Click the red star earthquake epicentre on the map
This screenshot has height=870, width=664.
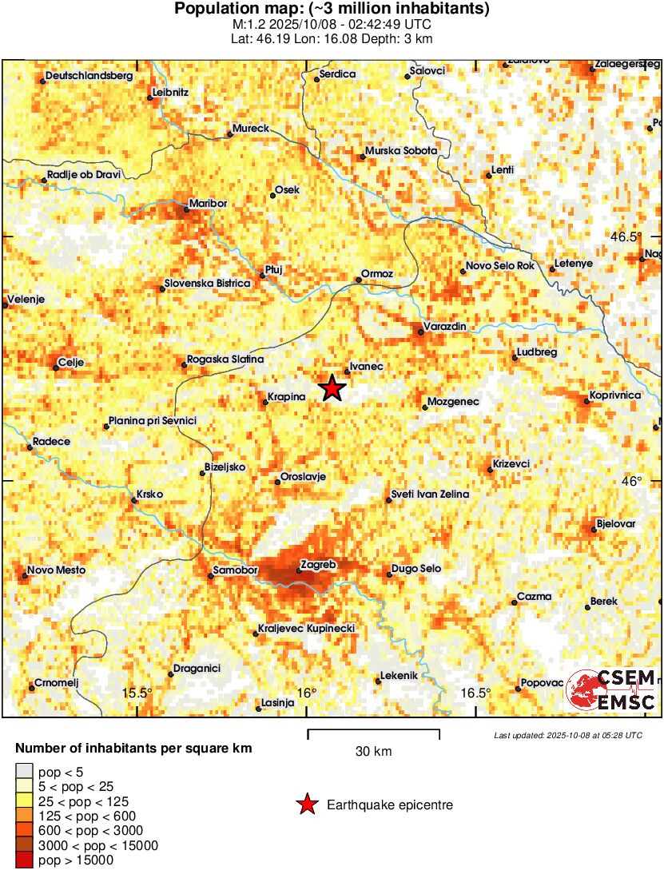click(x=332, y=388)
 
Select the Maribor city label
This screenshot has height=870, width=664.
click(x=208, y=203)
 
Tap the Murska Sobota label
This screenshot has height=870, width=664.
click(x=401, y=150)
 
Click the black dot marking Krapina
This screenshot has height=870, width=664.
click(x=265, y=402)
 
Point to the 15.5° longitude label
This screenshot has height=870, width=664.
click(x=137, y=693)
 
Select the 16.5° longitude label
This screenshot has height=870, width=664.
click(x=476, y=693)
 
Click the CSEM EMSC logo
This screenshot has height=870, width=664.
click(x=611, y=689)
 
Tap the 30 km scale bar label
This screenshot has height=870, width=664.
click(x=373, y=751)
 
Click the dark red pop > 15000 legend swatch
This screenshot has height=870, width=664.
click(x=25, y=860)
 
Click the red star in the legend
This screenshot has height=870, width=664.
click(x=306, y=805)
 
